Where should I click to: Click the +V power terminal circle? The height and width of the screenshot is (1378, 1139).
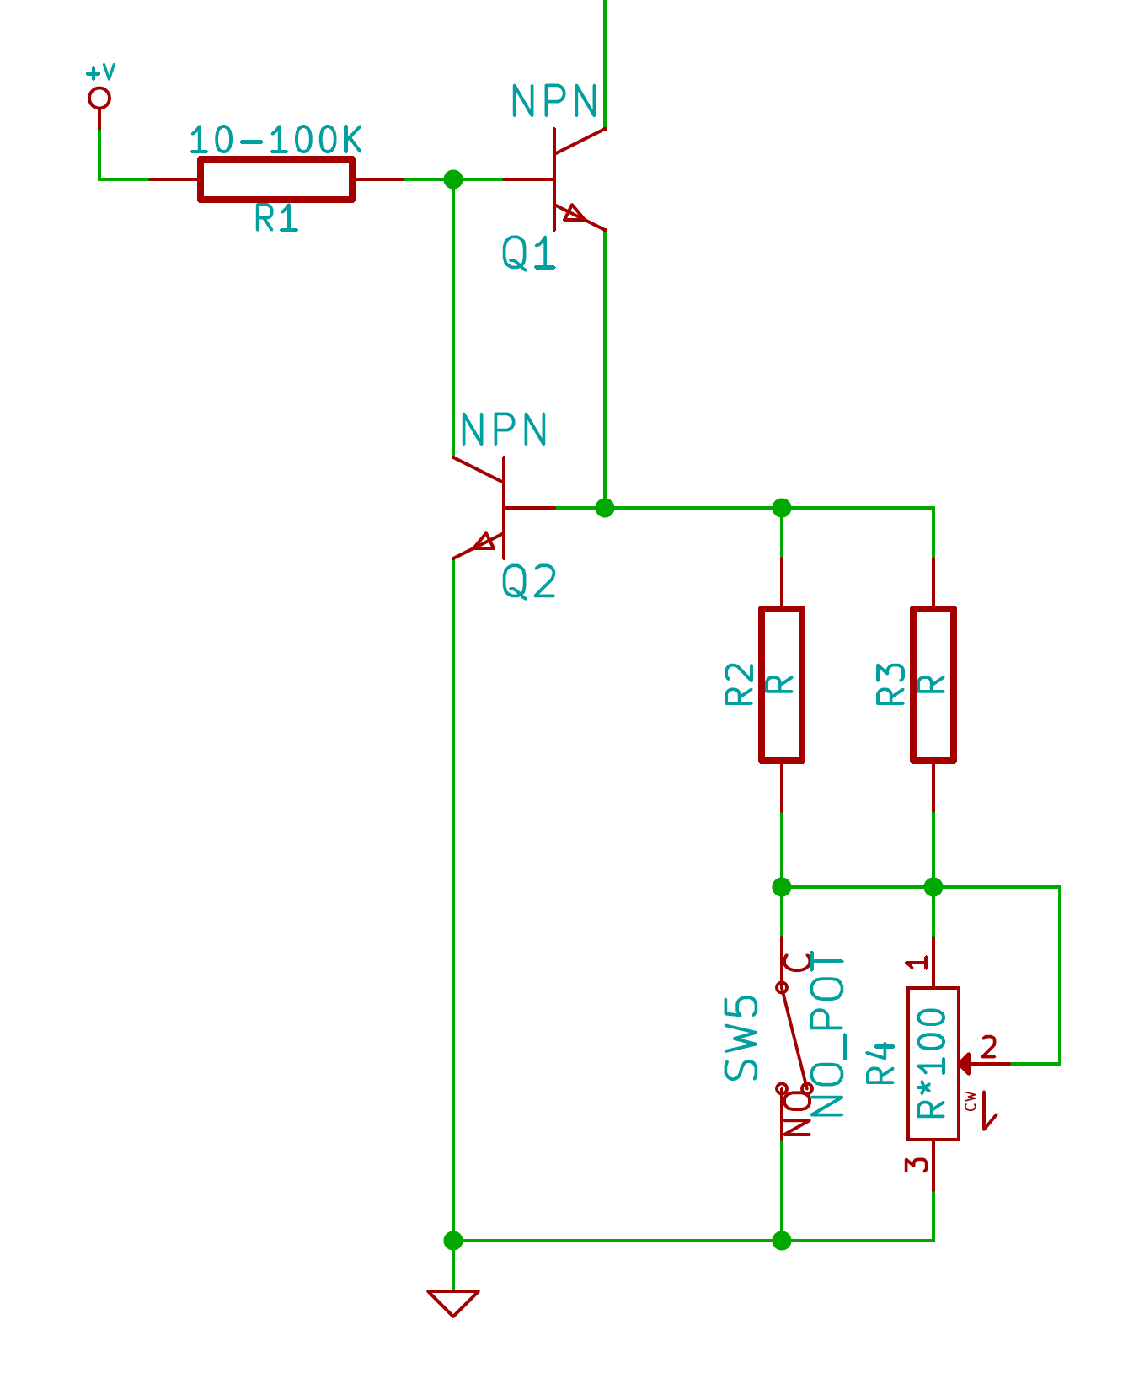click(x=99, y=99)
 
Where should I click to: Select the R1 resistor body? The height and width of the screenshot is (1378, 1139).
click(x=276, y=179)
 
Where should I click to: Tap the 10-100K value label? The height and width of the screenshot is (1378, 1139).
click(x=276, y=140)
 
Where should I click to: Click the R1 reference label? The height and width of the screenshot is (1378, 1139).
click(x=276, y=219)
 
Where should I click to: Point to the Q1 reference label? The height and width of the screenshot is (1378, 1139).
click(x=529, y=253)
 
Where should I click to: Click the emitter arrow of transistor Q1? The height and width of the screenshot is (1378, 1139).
click(x=575, y=214)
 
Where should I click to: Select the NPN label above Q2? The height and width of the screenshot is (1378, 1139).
click(x=504, y=430)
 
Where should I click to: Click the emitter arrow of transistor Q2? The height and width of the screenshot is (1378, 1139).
click(x=484, y=542)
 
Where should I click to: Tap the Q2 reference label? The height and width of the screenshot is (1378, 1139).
click(x=529, y=582)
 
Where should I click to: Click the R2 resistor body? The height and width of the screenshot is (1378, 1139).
click(x=782, y=684)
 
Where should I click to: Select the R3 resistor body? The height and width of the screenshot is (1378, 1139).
click(x=933, y=684)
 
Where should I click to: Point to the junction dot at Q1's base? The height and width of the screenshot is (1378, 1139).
click(x=453, y=179)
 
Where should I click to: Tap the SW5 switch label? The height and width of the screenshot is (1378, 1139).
click(x=741, y=1038)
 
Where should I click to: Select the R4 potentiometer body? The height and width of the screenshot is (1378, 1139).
click(x=933, y=1063)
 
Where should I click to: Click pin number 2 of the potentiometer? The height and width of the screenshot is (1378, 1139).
click(x=989, y=1047)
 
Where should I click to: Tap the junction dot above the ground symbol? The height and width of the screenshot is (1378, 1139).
click(x=453, y=1241)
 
